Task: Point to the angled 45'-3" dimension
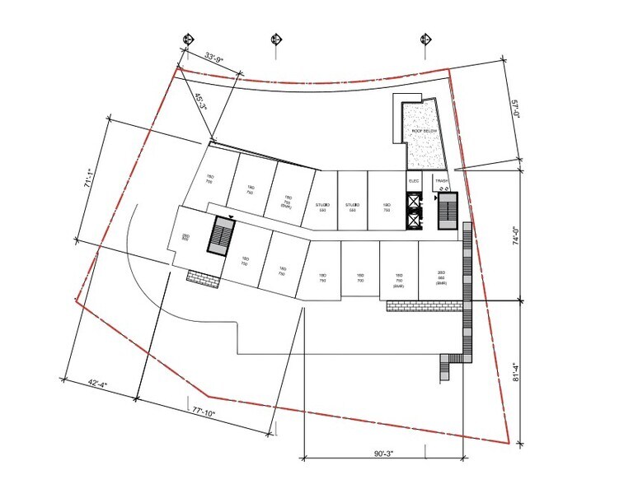tap(199, 102)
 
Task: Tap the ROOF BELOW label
tap(425, 132)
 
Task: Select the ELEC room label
tap(414, 180)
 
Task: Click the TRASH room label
tap(442, 180)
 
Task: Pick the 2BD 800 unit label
tap(186, 237)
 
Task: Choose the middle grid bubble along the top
tap(275, 39)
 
